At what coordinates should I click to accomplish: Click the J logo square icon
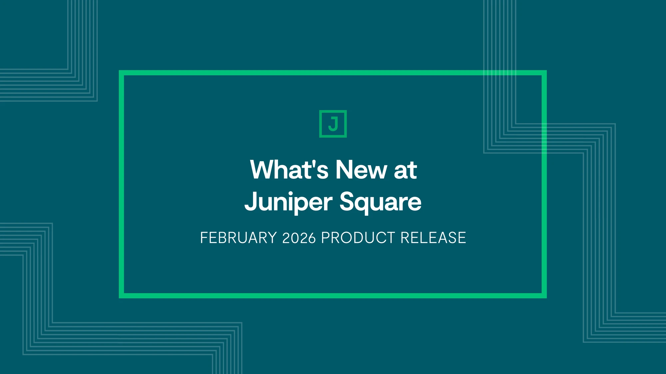point(333,124)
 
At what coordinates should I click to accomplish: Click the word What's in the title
point(289,170)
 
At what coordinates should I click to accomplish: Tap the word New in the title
point(361,170)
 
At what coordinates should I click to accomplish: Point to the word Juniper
point(288,202)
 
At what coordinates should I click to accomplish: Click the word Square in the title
point(381,202)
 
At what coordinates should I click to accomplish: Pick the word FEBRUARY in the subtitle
point(238,238)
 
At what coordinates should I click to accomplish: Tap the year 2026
point(299,238)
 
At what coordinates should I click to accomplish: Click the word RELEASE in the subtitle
point(433,238)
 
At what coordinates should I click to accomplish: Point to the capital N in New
point(345,170)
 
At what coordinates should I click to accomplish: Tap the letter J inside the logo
point(333,124)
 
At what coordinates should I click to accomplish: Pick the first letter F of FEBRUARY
point(204,238)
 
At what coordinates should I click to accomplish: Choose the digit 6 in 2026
point(312,238)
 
